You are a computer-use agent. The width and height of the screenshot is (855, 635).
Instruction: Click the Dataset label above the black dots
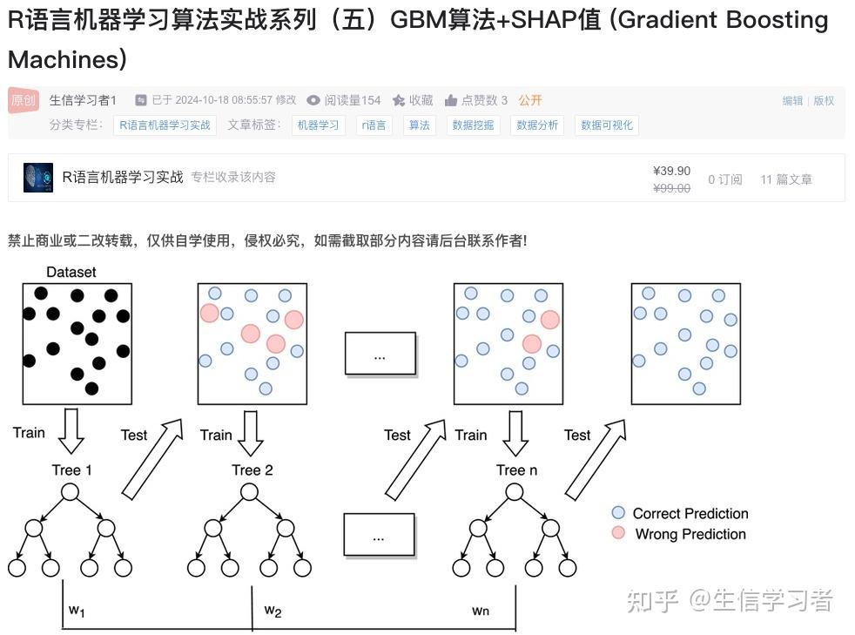tap(71, 272)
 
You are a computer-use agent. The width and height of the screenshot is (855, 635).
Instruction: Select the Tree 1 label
tap(71, 470)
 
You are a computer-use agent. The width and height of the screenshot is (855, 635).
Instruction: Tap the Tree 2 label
tap(252, 470)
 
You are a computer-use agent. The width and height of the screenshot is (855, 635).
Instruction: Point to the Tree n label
tap(516, 470)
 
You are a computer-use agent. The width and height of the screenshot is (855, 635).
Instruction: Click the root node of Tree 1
tap(71, 492)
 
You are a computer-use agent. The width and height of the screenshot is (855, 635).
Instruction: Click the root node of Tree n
tap(516, 492)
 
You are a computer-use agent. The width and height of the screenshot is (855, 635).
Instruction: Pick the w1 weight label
tap(77, 610)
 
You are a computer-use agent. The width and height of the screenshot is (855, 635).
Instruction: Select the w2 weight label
tap(273, 610)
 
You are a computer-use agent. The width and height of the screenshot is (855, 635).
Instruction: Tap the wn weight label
tap(481, 611)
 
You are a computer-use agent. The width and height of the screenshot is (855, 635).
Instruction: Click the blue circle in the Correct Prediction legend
tap(618, 513)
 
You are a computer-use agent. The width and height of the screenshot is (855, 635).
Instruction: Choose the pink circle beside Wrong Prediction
tap(618, 533)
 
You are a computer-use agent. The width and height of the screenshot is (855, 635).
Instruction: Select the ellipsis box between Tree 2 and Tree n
tap(379, 534)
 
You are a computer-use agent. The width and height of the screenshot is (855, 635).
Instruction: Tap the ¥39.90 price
tap(671, 171)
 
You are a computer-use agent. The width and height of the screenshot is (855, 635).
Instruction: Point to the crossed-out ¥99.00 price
tap(671, 188)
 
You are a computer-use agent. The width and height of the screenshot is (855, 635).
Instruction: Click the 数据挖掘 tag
tap(473, 125)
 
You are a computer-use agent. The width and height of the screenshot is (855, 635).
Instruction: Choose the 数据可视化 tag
tap(607, 125)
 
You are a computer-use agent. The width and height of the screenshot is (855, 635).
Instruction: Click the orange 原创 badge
tap(24, 100)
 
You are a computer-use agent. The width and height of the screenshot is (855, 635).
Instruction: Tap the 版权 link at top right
tap(824, 101)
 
